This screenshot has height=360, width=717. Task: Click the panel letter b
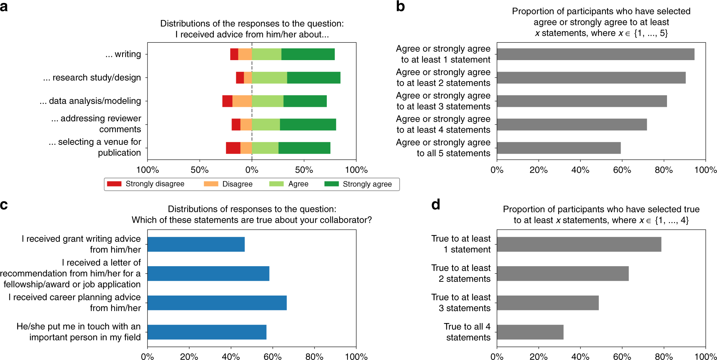coord(400,7)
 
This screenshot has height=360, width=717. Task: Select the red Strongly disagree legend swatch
coord(114,184)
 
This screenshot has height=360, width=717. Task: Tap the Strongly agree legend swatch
coord(332,184)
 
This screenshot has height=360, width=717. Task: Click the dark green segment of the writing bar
coord(308,54)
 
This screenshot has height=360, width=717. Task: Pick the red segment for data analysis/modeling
coord(227,101)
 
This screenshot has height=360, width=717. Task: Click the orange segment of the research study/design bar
coord(248,78)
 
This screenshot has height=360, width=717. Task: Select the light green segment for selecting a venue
coord(265,148)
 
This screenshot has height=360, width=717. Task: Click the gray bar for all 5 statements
coord(559,148)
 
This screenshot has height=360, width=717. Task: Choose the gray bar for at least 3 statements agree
coord(581,101)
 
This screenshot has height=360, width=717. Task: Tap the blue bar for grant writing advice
coord(196,244)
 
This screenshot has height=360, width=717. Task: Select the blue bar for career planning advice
coord(217,303)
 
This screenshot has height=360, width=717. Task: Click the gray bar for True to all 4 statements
coord(530,332)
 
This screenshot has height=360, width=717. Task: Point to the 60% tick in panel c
coord(272,356)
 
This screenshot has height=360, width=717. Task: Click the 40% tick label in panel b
coord(580,170)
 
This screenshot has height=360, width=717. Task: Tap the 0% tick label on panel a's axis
coord(252,170)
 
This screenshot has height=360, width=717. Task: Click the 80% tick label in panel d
coord(664,356)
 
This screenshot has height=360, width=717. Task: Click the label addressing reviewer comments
coord(96,124)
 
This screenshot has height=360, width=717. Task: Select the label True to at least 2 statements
coord(461,273)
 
